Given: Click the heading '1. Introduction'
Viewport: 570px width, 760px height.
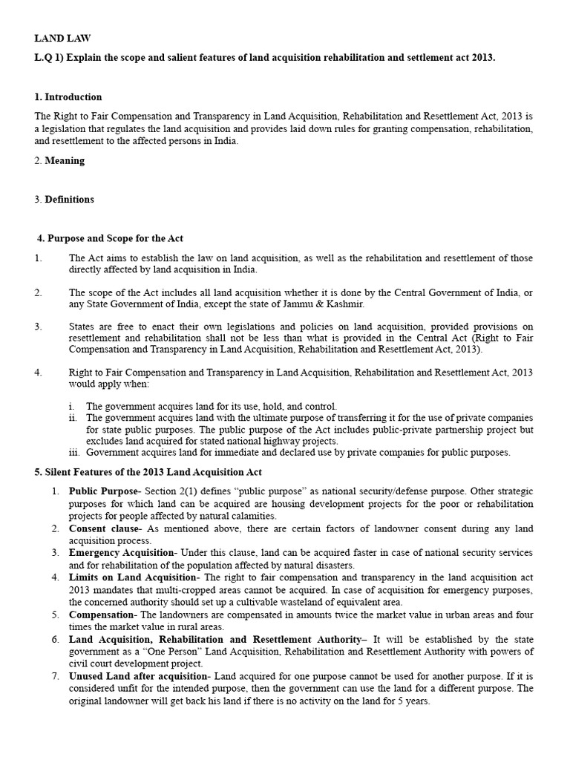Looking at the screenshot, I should coord(68,97).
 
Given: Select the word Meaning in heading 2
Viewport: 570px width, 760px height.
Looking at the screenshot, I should coord(65,160).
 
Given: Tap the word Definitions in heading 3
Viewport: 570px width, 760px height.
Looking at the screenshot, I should coord(70,199).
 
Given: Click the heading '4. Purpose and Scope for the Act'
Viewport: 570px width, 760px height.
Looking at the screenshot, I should coord(110,238).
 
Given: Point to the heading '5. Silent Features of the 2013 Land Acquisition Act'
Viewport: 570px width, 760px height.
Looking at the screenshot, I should coord(148,472).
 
